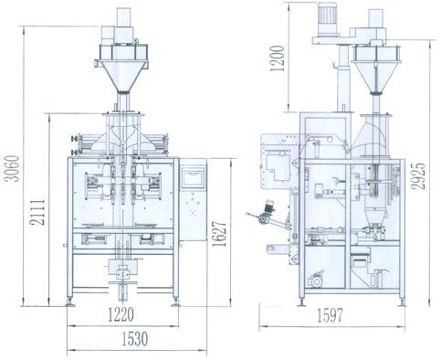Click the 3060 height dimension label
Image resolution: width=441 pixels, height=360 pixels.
(x=12, y=168)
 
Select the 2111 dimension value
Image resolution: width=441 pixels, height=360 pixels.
(x=37, y=212)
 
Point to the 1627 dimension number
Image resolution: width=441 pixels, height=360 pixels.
(x=220, y=234)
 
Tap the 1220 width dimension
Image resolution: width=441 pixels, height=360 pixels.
(x=121, y=314)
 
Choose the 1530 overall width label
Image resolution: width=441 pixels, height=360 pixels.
(x=135, y=339)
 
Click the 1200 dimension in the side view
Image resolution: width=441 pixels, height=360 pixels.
(x=278, y=58)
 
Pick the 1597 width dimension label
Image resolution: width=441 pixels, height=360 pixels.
(x=330, y=315)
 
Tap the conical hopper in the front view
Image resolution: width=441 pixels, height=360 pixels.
(x=123, y=76)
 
